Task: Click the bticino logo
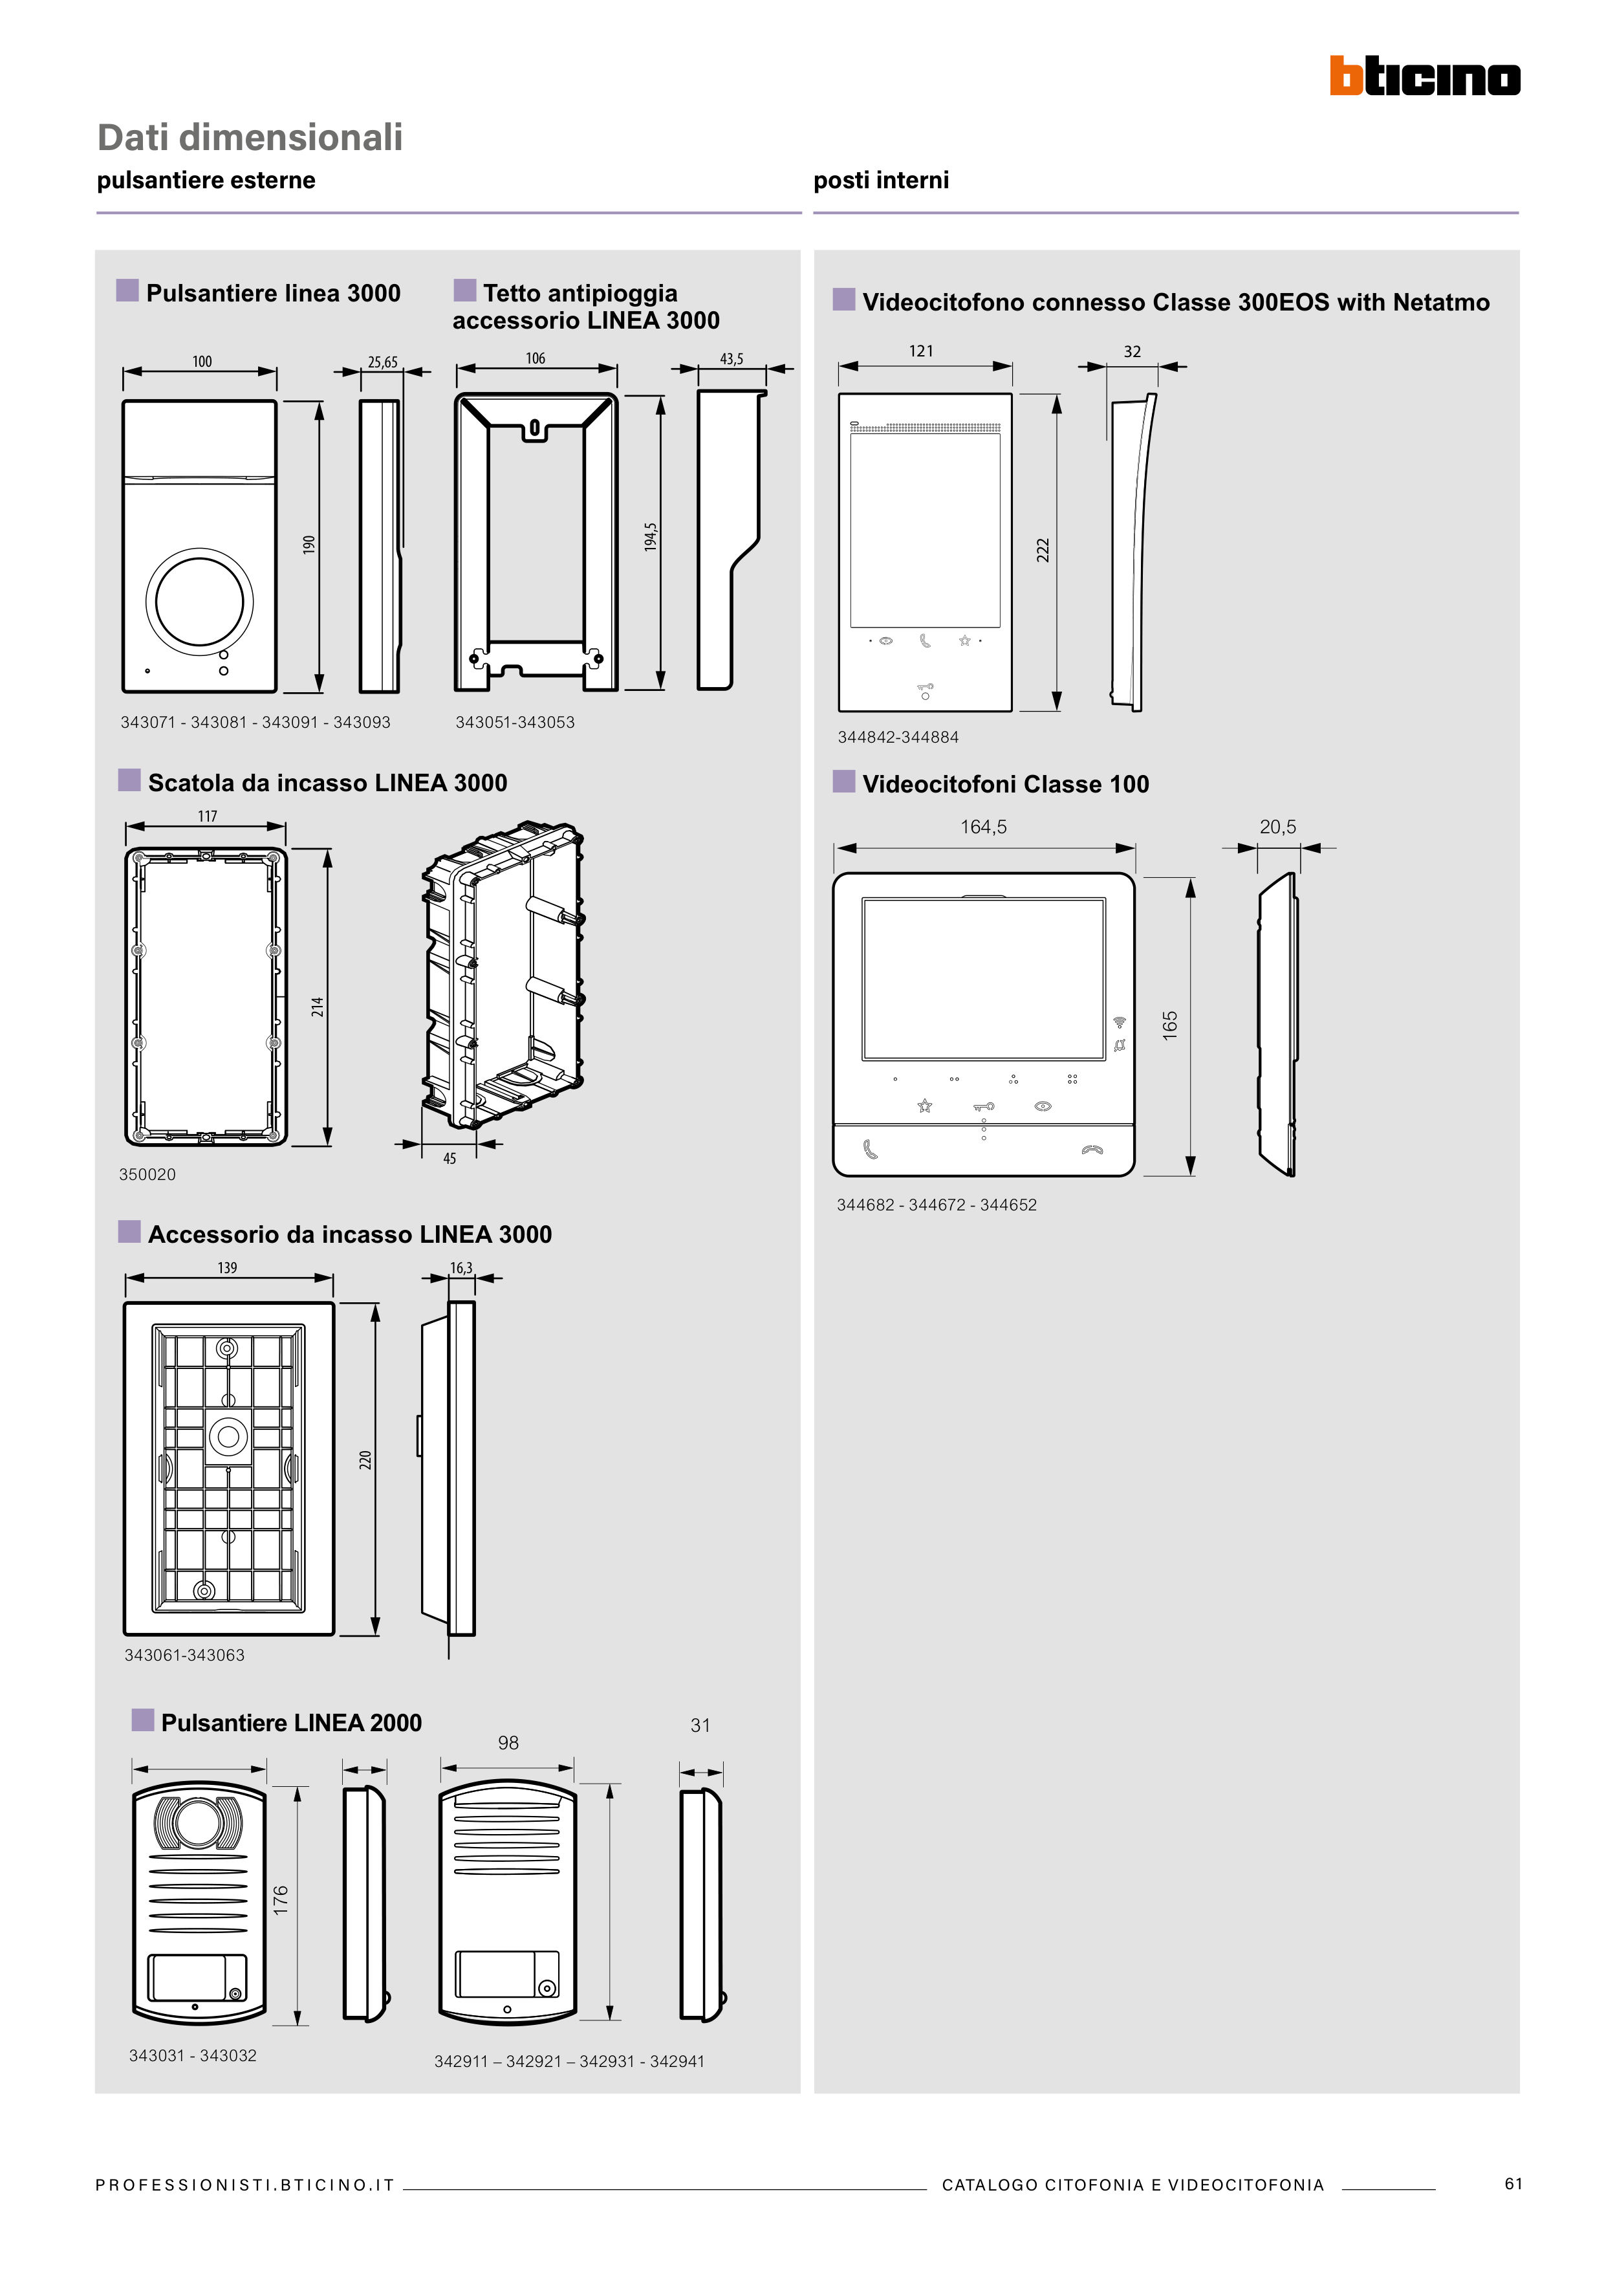1424,76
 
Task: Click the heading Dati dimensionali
250,137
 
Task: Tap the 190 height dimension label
309,544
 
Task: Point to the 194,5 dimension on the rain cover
650,538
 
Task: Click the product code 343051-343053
514,723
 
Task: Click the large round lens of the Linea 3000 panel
199,601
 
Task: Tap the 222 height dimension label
1043,551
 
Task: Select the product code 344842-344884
898,738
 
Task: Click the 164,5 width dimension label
983,827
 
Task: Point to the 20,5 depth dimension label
1277,827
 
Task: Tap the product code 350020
147,1174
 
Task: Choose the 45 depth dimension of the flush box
450,1159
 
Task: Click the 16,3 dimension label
461,1268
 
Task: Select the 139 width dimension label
227,1268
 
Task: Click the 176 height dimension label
281,1899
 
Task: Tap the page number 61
1513,2183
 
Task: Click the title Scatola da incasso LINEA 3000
327,783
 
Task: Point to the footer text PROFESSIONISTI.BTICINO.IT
244,2185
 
